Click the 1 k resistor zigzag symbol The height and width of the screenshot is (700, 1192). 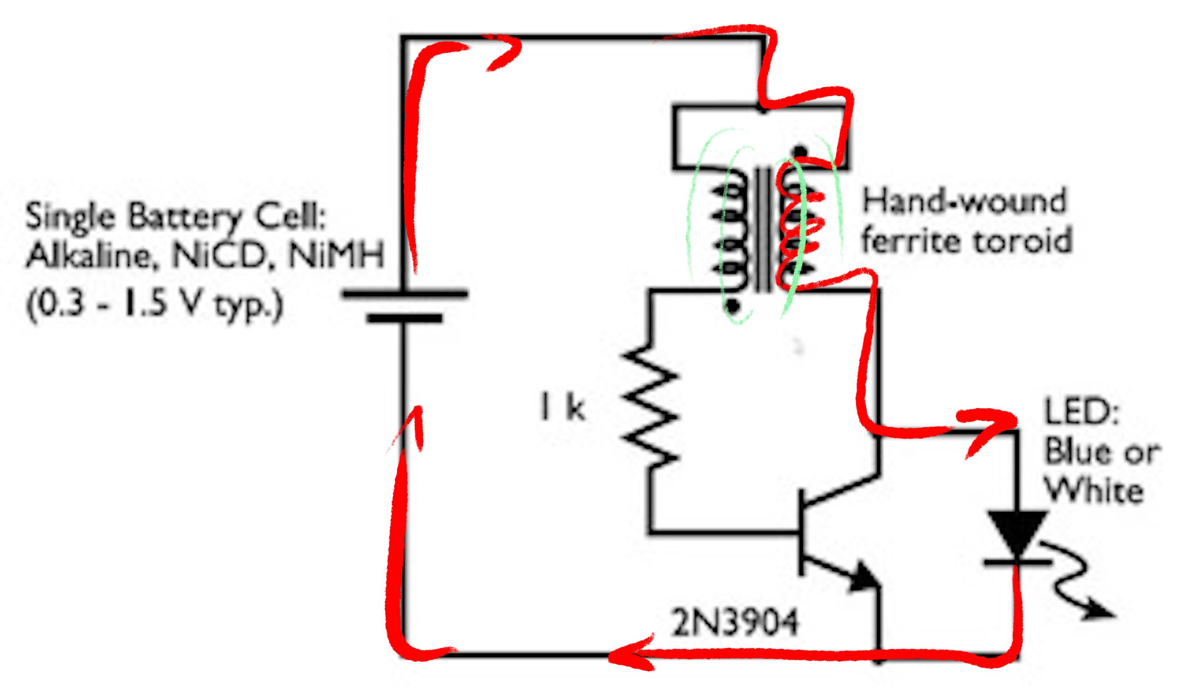651,407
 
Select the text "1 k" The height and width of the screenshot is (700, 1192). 563,407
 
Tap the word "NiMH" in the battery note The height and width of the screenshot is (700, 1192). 336,256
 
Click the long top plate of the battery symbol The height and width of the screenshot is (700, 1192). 405,294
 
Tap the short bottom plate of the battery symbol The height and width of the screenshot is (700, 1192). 405,318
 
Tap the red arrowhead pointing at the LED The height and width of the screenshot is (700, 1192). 998,423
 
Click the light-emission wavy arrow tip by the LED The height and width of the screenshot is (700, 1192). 1104,614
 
